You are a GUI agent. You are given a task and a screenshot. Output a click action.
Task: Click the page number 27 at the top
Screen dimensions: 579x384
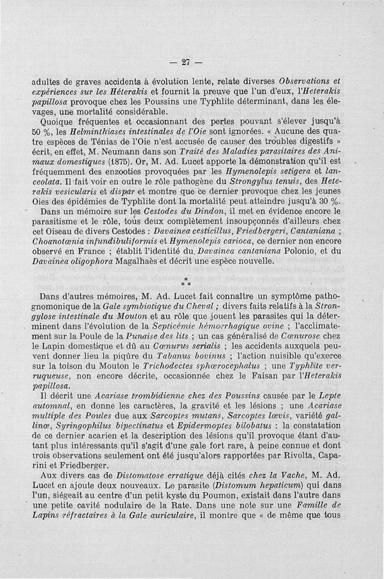click(187, 62)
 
